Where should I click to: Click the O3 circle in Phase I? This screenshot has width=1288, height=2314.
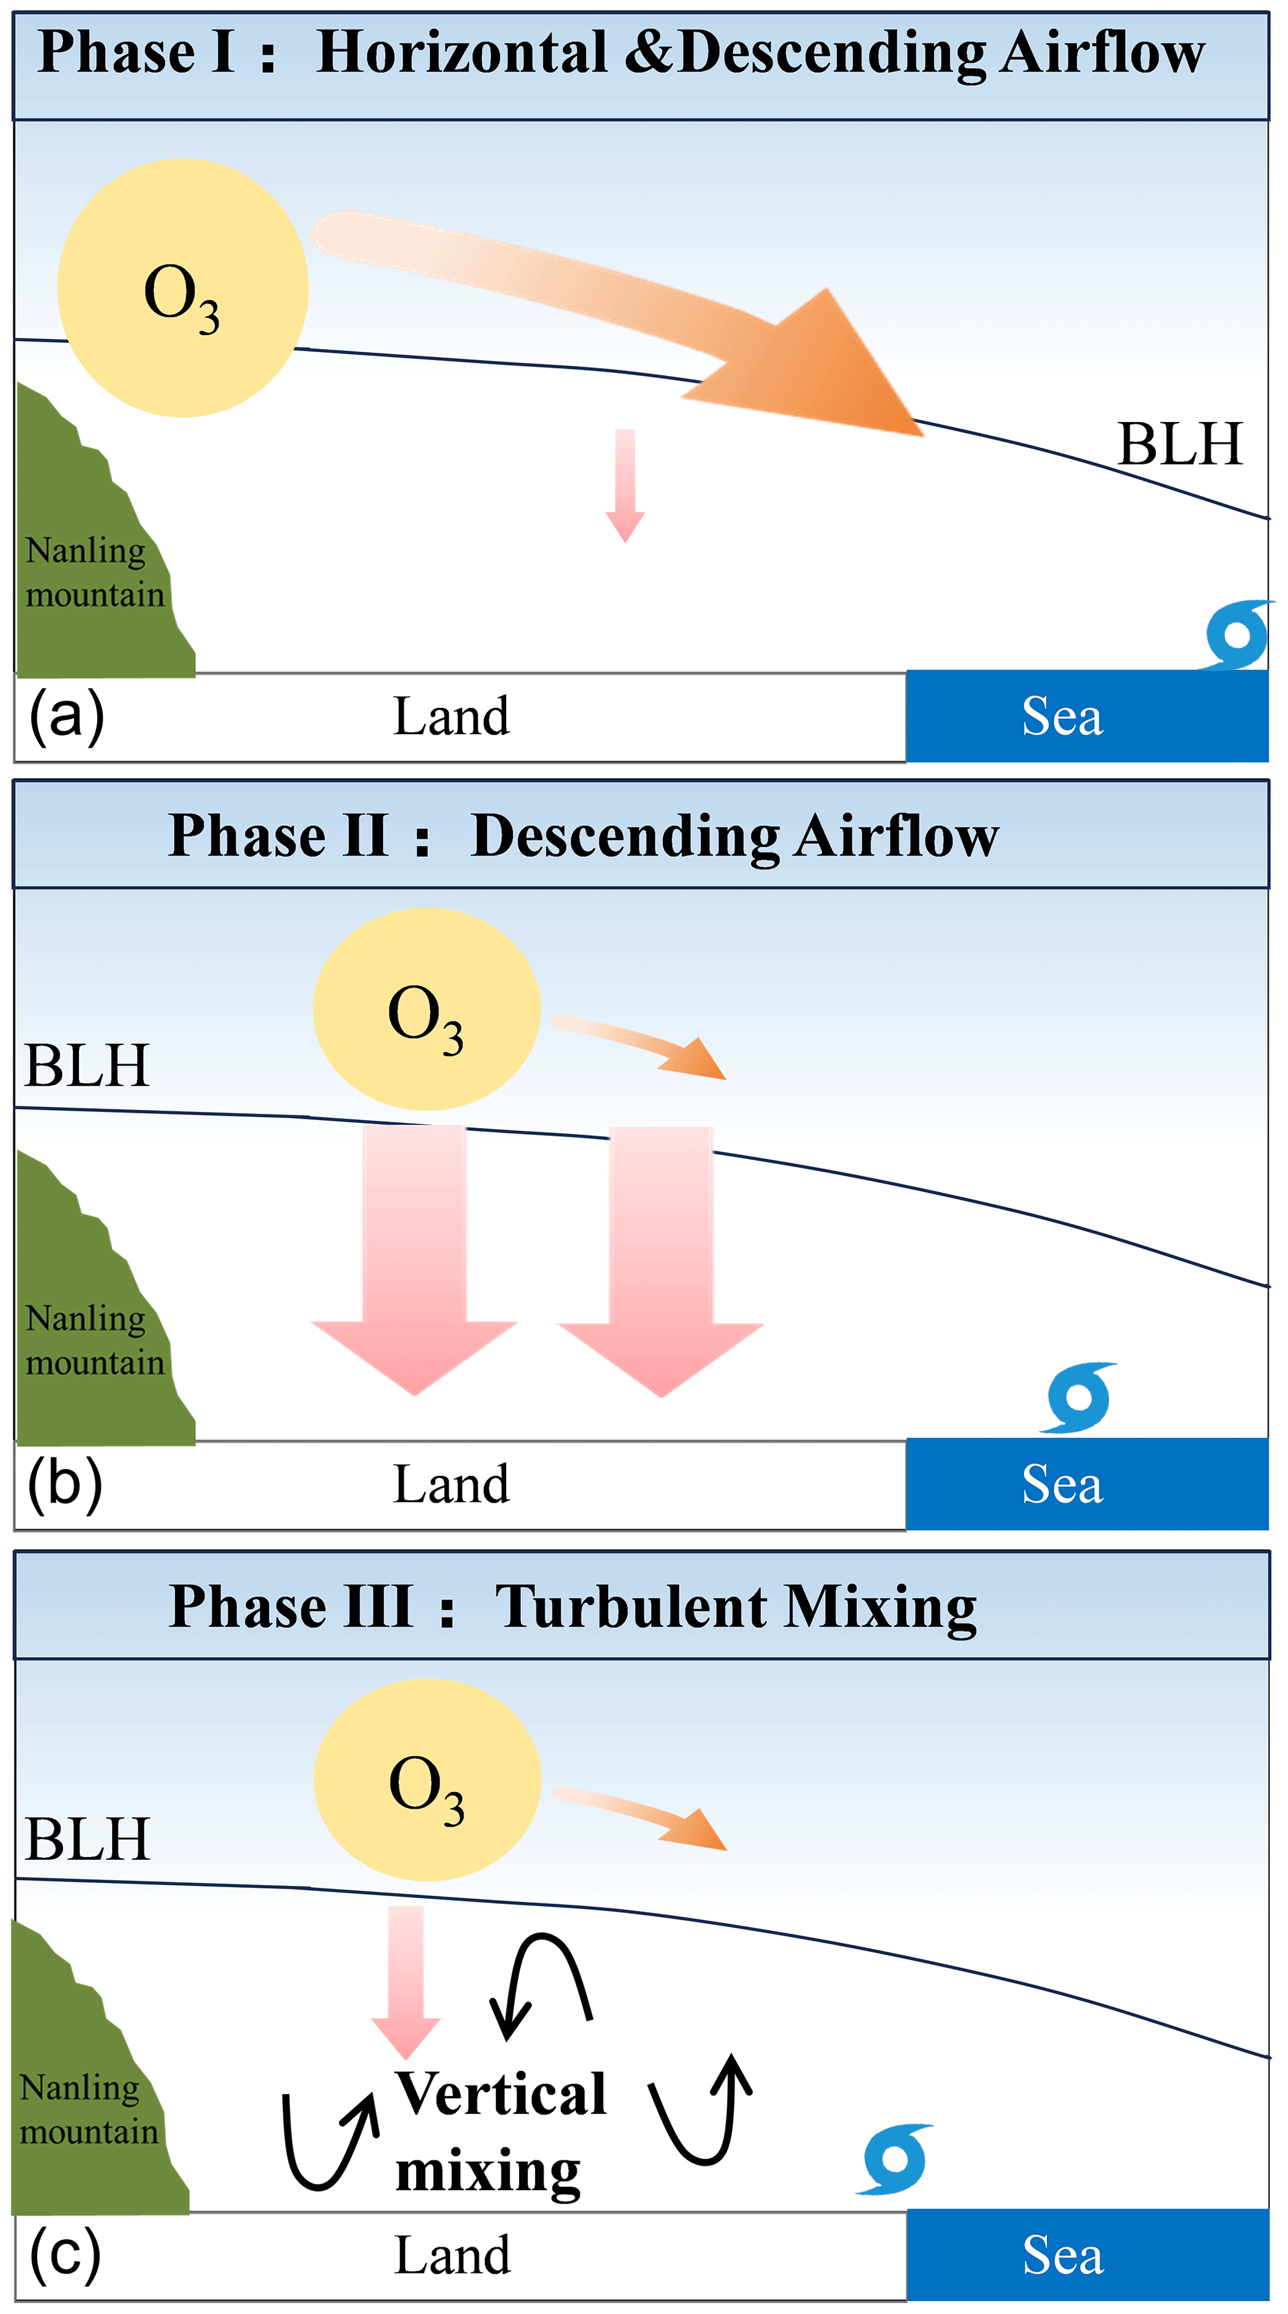coord(183,287)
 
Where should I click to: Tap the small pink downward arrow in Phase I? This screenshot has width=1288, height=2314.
coord(625,485)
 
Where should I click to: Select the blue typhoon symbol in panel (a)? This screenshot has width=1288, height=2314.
coord(1238,634)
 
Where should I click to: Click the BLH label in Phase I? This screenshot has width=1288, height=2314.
coord(1180,444)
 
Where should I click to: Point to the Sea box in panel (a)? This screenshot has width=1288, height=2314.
coord(1087,716)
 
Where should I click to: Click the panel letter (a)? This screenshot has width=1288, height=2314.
coord(67,716)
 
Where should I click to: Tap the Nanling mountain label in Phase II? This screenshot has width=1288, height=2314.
coord(94,1339)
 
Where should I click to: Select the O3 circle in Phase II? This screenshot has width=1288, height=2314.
coord(426,1009)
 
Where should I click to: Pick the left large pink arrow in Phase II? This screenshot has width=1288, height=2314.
coord(414,1258)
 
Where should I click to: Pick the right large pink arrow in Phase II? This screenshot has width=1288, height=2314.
coord(661,1258)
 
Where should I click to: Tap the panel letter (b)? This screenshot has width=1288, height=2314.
coord(65,1484)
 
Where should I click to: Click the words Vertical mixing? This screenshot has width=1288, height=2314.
coord(500,2131)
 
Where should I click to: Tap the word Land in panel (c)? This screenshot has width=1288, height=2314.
coord(452,2255)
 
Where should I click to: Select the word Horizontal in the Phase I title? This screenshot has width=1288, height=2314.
coord(462,52)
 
